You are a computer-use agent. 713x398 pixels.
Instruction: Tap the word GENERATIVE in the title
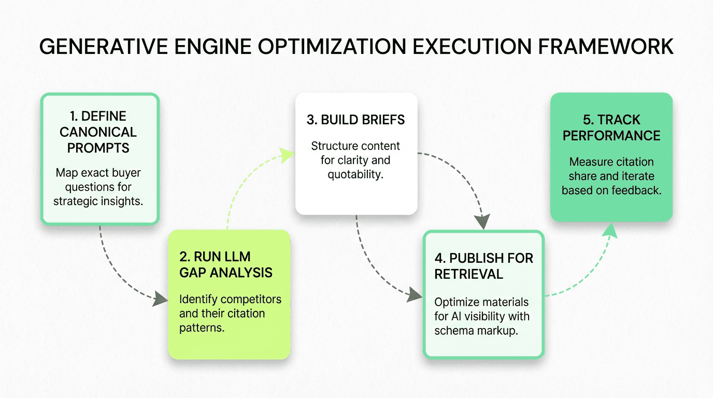(104, 47)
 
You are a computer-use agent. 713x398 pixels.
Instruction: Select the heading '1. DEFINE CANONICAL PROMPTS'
(98, 132)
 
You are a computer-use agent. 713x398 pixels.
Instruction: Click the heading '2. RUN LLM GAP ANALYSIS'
(226, 265)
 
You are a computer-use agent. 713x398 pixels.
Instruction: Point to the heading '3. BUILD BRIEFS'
(355, 120)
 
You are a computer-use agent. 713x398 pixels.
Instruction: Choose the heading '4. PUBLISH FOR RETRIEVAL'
(483, 266)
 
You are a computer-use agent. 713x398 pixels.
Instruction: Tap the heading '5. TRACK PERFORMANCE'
(611, 127)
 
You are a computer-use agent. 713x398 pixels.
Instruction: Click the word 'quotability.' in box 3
(355, 175)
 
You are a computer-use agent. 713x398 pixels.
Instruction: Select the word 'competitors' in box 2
(251, 300)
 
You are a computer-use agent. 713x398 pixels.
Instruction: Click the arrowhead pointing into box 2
(160, 300)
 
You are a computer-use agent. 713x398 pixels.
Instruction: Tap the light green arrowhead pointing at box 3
(286, 155)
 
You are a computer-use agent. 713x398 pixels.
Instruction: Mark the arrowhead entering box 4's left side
(415, 294)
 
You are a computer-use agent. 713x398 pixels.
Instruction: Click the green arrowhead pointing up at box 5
(610, 230)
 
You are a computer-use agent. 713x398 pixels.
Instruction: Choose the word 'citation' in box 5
(633, 162)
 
